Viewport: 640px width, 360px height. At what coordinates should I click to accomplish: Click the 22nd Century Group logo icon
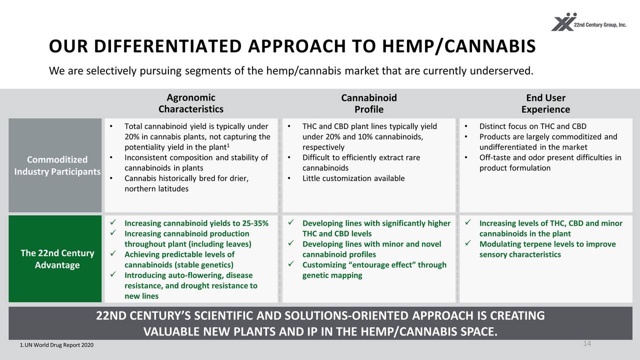(x=564, y=22)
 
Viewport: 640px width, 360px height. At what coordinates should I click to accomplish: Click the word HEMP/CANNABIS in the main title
(x=458, y=46)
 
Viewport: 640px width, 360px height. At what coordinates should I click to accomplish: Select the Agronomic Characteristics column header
(x=191, y=103)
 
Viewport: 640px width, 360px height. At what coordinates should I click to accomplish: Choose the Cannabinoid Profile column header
(x=369, y=103)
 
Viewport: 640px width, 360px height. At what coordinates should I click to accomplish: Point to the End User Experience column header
(x=545, y=103)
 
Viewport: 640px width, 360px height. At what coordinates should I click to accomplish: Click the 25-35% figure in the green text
(x=255, y=223)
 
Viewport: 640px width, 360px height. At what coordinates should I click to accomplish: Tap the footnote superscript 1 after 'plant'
(x=228, y=145)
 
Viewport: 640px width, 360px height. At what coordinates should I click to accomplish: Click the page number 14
(x=587, y=343)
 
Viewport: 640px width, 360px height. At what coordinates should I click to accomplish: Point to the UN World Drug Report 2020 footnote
(x=56, y=345)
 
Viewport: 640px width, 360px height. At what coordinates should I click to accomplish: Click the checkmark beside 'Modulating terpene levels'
(x=467, y=243)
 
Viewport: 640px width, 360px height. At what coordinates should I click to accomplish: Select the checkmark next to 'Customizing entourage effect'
(x=291, y=263)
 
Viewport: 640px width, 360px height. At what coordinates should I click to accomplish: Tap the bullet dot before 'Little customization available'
(x=289, y=178)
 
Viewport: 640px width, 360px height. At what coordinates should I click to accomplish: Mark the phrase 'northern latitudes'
(x=156, y=189)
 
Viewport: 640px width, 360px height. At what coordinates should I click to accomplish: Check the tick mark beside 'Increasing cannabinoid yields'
(x=113, y=222)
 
